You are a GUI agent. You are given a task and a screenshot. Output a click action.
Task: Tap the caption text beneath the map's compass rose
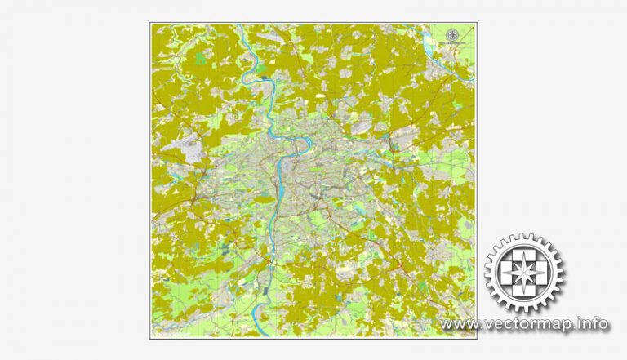point(451,42)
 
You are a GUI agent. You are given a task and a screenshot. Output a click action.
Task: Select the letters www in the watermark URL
point(459,324)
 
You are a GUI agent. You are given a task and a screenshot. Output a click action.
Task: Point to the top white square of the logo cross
point(524,256)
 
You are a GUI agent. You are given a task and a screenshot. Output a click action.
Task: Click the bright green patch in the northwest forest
point(200,58)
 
